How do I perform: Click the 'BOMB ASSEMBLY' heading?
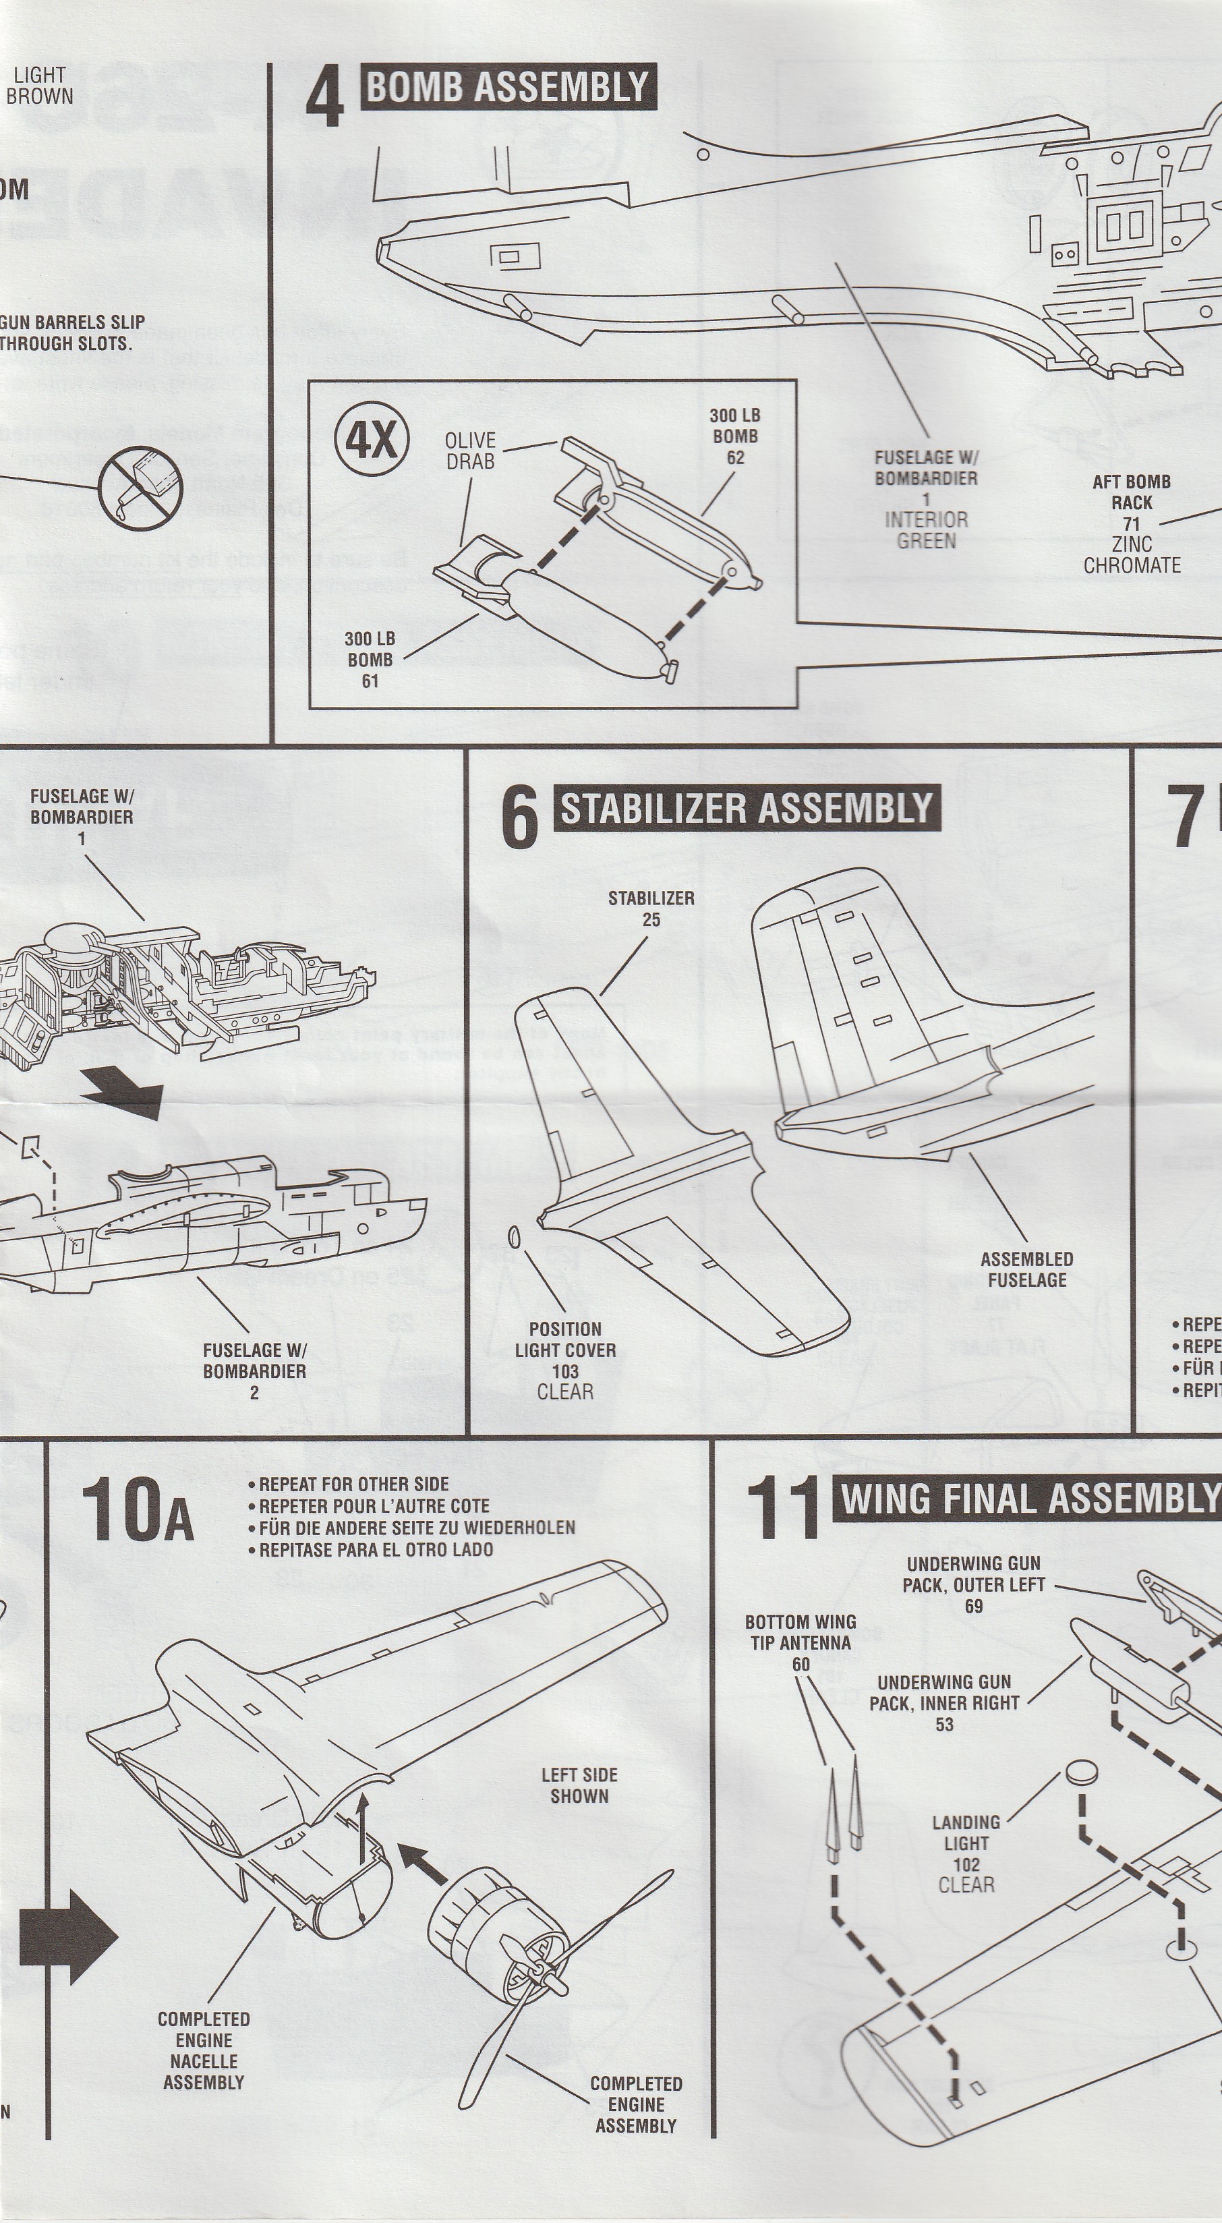[x=506, y=87]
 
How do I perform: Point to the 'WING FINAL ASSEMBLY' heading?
[x=1027, y=1499]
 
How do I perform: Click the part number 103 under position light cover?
[x=565, y=1371]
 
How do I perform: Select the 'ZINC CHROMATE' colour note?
[x=1132, y=555]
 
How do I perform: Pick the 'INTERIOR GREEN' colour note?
[x=926, y=530]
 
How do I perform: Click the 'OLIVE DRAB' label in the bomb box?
[x=470, y=451]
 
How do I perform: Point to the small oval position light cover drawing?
[x=516, y=1238]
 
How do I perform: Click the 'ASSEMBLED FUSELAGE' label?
[x=1026, y=1269]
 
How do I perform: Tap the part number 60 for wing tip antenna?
[x=801, y=1664]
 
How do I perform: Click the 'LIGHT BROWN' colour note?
[x=40, y=86]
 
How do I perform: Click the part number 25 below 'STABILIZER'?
[x=651, y=919]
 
